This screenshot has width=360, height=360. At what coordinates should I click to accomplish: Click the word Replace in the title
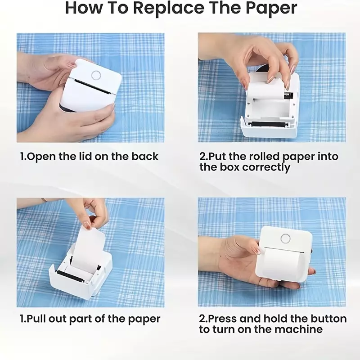(169, 8)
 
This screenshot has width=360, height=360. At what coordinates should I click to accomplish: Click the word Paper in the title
(271, 8)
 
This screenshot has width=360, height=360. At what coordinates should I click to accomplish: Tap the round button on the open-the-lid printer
(96, 75)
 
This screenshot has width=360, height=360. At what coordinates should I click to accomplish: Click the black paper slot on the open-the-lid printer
(92, 86)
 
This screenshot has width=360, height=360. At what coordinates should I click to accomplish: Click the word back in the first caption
(145, 156)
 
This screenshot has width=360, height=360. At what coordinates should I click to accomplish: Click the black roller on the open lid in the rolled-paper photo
(269, 124)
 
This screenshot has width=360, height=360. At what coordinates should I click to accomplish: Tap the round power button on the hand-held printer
(285, 239)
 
